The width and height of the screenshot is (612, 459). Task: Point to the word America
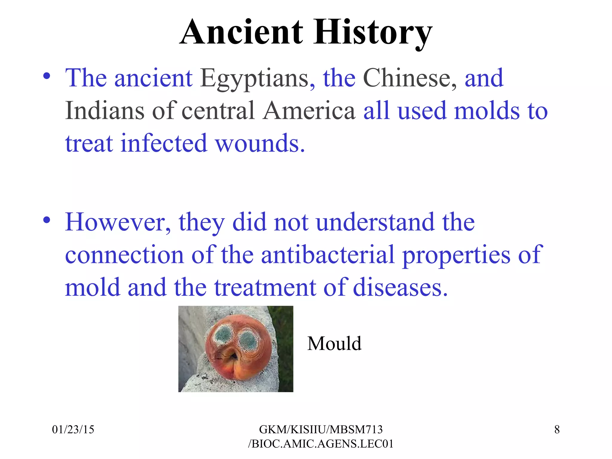[x=309, y=111]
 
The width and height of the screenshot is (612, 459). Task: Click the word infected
[x=164, y=143]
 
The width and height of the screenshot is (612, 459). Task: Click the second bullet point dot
[x=46, y=220]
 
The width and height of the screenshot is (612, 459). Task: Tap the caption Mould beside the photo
[x=334, y=343]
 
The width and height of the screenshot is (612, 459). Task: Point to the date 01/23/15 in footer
[x=73, y=429]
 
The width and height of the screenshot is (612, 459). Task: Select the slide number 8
[x=557, y=429]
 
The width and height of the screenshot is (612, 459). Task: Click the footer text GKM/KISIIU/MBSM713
[x=321, y=429]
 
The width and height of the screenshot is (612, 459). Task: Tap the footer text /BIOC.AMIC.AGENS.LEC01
[x=321, y=444]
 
